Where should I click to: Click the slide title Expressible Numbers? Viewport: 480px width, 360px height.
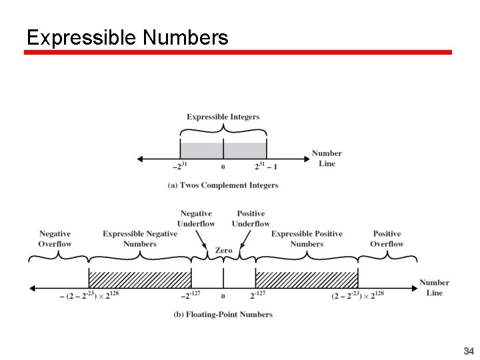[127, 37]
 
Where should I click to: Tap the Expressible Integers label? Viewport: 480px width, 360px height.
[223, 117]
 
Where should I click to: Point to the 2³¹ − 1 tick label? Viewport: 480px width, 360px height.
[266, 167]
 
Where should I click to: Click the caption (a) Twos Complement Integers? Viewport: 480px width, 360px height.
[223, 185]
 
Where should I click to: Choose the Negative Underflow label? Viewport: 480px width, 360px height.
[196, 219]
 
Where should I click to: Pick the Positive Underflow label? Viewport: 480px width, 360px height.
[251, 219]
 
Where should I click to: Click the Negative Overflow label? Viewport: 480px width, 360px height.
[55, 239]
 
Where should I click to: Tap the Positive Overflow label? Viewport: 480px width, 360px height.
[387, 239]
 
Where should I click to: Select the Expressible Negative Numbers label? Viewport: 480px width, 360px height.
[140, 239]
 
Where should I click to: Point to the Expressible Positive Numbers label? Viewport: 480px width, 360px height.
[307, 239]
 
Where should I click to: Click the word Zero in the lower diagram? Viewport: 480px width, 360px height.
[223, 251]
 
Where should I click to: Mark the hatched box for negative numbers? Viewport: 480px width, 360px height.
[140, 279]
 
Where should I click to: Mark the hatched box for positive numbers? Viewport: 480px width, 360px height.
[307, 279]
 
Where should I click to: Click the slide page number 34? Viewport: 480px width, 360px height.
[468, 351]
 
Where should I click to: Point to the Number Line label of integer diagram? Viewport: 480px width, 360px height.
[327, 158]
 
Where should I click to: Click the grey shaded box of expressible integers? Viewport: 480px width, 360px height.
[223, 150]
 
